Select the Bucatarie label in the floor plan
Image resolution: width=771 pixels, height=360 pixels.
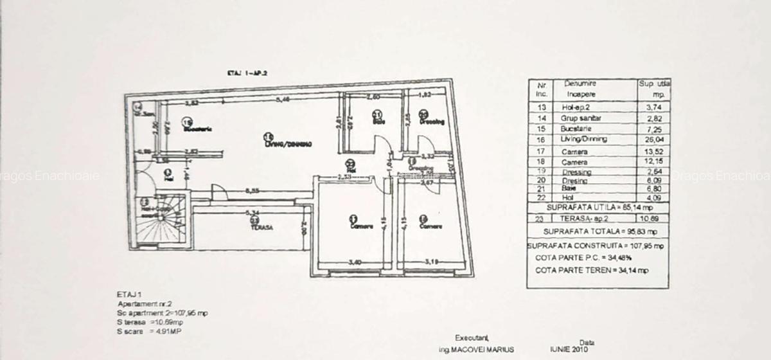click(x=197, y=129)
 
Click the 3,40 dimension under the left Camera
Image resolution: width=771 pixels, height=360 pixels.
click(x=354, y=262)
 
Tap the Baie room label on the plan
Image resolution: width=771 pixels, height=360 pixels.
click(x=378, y=122)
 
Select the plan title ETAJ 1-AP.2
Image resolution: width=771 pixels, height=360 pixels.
click(x=247, y=74)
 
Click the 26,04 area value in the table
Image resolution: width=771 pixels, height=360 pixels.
click(x=653, y=139)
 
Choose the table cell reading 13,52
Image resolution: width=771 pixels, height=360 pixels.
click(x=653, y=152)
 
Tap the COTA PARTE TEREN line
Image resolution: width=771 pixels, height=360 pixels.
click(x=592, y=271)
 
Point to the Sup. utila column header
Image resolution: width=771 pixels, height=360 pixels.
click(x=654, y=88)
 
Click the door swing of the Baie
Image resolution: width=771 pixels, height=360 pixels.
click(x=380, y=145)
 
